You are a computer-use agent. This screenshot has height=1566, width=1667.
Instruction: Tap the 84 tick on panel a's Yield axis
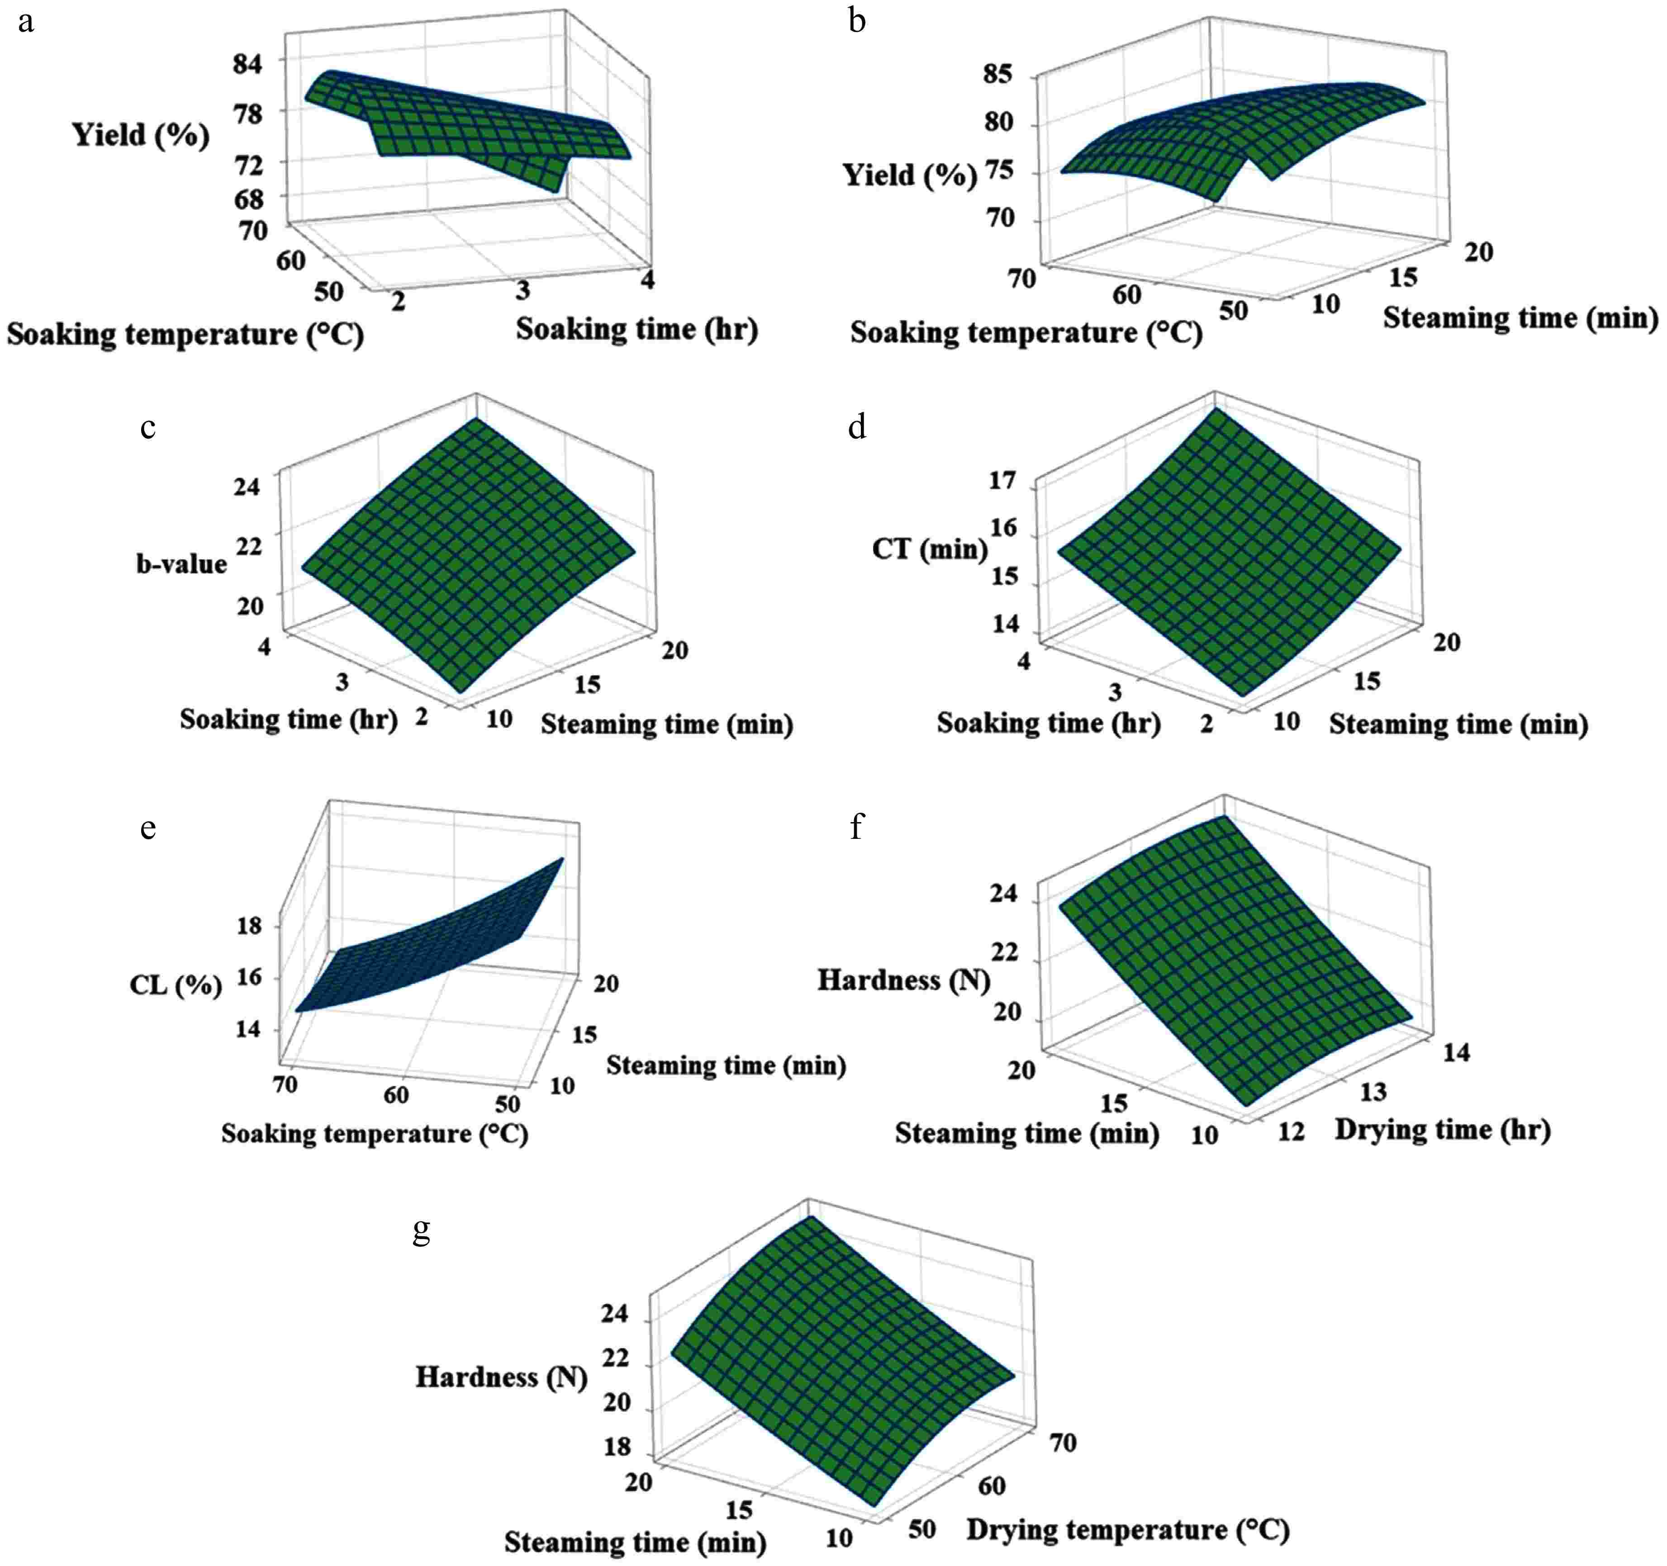tap(248, 64)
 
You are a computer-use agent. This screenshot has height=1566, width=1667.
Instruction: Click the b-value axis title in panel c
tap(181, 563)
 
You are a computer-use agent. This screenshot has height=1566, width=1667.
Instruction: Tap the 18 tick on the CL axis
tap(249, 926)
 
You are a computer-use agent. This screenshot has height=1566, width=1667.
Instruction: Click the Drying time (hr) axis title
tap(1442, 1129)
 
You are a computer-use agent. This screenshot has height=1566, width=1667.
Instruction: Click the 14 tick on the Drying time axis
tap(1457, 1053)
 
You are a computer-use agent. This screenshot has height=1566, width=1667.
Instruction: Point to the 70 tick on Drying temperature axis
tap(1063, 1443)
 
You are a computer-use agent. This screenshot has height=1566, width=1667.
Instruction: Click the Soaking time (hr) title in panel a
tap(636, 329)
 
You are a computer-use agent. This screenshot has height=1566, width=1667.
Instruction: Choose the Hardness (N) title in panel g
tap(501, 1377)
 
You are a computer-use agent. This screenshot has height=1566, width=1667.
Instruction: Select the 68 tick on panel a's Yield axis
tap(248, 199)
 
